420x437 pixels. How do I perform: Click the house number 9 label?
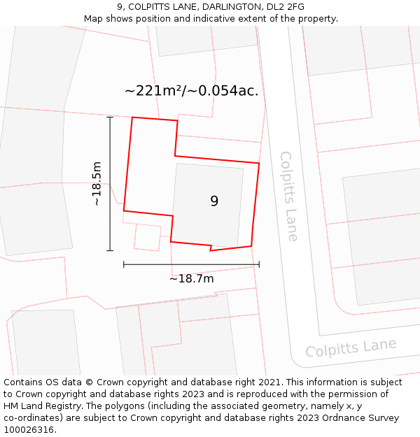214,201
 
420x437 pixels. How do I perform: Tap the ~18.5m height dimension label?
97,184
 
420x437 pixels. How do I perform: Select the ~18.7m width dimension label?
191,279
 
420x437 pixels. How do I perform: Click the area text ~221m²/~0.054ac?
191,91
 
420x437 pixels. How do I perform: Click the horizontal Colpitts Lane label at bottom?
351,348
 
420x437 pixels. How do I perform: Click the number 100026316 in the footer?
28,430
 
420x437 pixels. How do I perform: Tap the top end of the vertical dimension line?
110,117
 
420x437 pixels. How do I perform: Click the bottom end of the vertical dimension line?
110,250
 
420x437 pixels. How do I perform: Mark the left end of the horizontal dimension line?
124,264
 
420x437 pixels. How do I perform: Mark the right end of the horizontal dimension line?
259,264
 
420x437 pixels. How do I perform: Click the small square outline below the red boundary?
147,237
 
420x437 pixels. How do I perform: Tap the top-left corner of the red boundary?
133,117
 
